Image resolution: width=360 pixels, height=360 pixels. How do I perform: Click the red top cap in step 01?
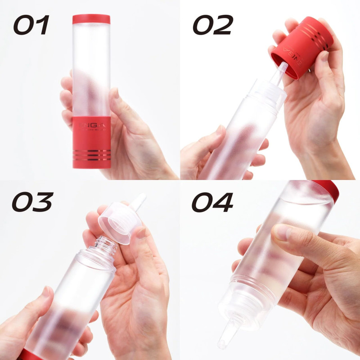[x=91, y=19]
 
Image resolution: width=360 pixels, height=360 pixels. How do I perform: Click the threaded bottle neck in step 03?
[x=104, y=247]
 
